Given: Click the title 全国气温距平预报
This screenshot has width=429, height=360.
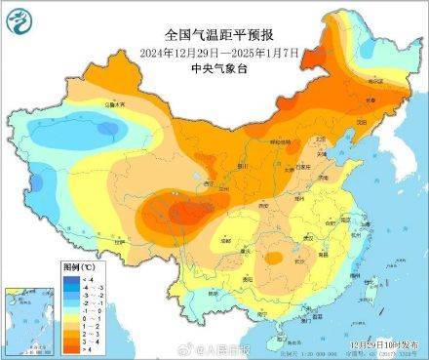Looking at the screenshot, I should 214,35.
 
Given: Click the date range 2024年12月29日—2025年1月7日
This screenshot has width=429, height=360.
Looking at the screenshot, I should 214,52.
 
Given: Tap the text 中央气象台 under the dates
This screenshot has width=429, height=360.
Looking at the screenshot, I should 214,67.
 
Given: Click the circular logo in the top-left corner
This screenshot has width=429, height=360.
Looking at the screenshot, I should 17,17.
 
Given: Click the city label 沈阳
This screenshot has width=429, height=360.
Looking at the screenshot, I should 356,121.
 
